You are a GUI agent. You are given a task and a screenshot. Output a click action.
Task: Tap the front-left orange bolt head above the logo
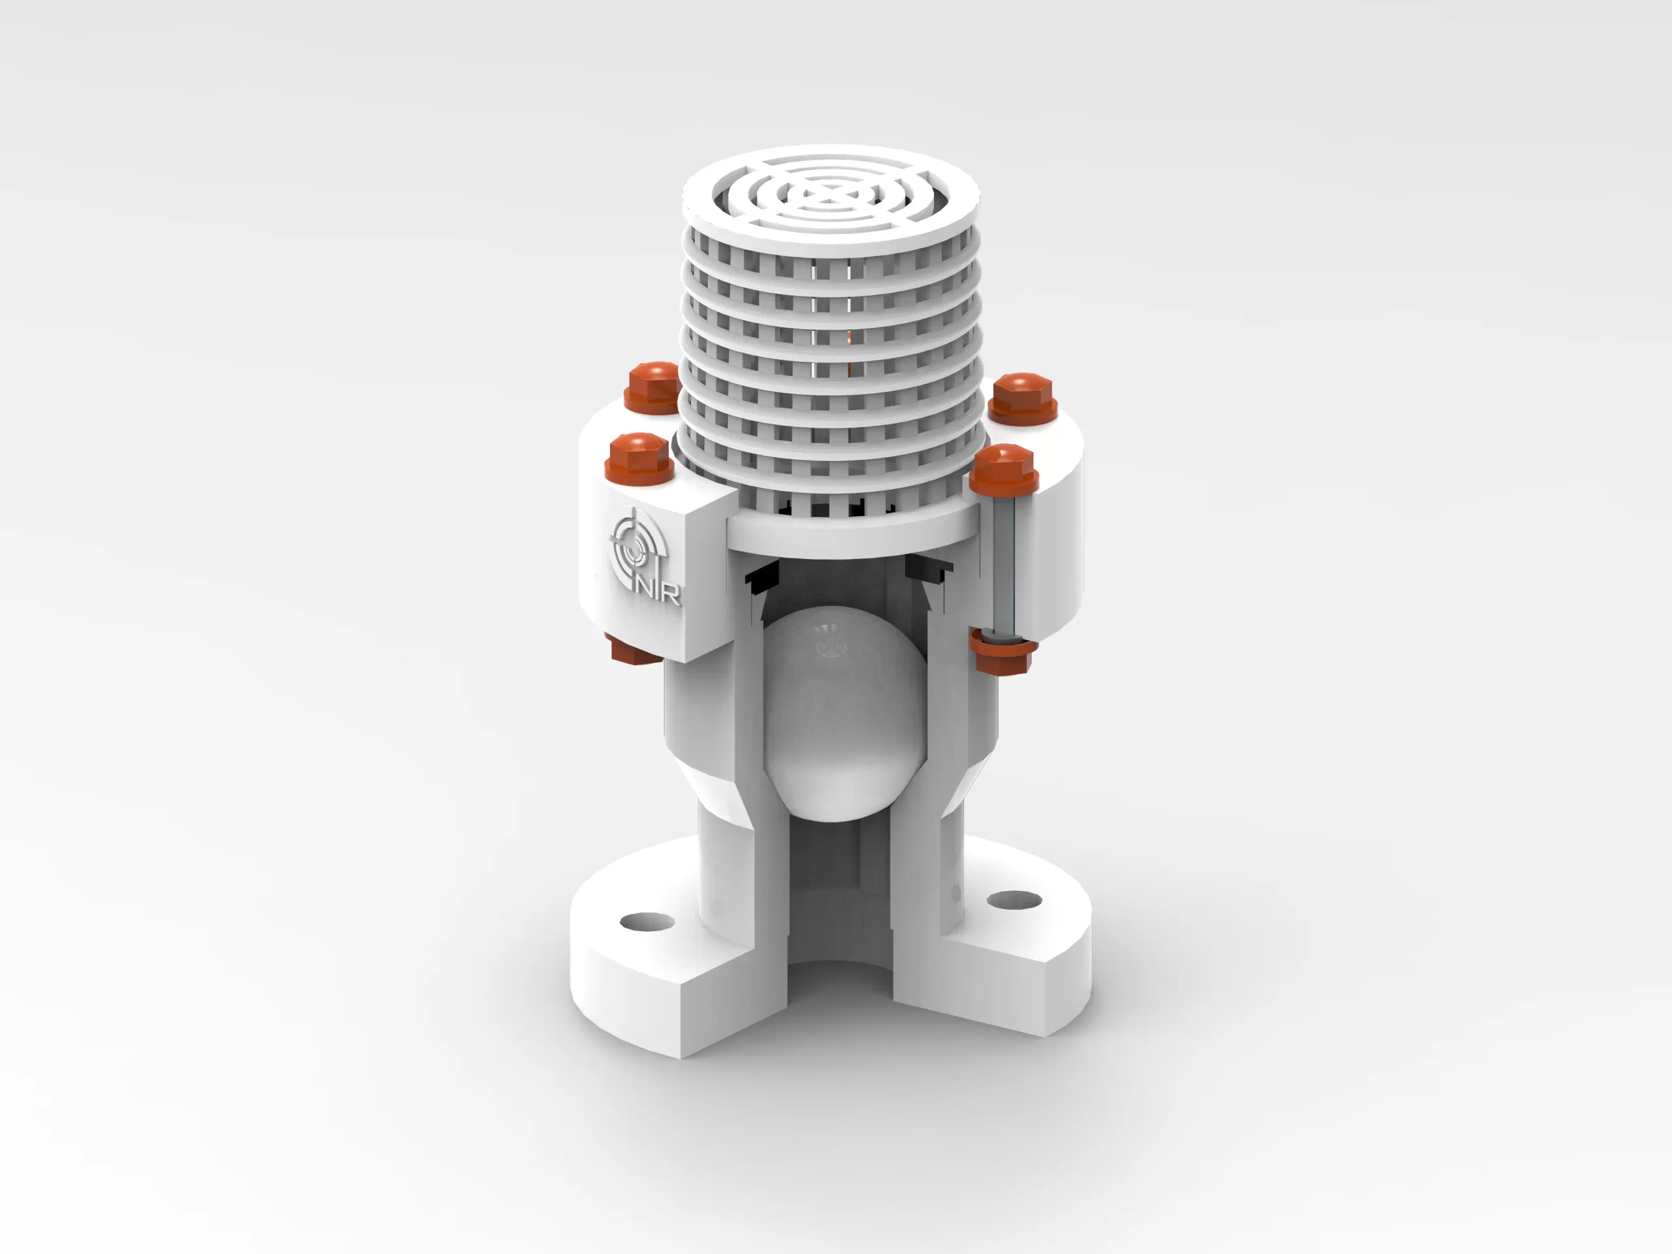click(639, 456)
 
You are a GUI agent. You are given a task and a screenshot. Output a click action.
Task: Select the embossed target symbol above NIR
click(634, 544)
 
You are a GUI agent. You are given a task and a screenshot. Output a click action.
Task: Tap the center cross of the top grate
click(830, 196)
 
